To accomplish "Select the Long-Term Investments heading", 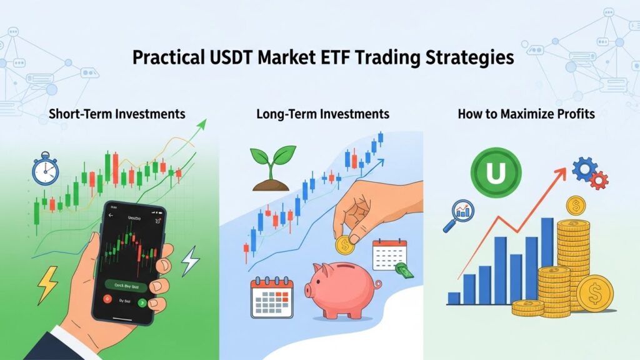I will click(x=322, y=114).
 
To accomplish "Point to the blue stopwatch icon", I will click(x=44, y=170).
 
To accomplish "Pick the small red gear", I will click(x=599, y=181).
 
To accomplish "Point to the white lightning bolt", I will click(x=190, y=261).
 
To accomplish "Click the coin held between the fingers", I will click(x=344, y=245).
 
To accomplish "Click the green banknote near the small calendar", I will click(x=403, y=271).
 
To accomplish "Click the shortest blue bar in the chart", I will click(x=454, y=298).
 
